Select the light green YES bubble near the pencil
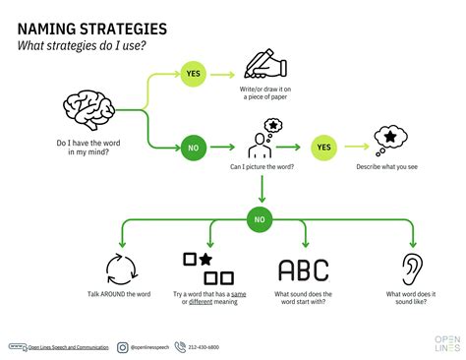click(193, 72)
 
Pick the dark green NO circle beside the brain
click(194, 149)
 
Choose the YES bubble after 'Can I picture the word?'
click(321, 149)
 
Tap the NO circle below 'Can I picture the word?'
click(260, 217)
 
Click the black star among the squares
click(206, 260)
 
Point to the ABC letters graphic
click(304, 270)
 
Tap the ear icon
click(413, 270)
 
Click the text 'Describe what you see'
click(387, 166)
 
